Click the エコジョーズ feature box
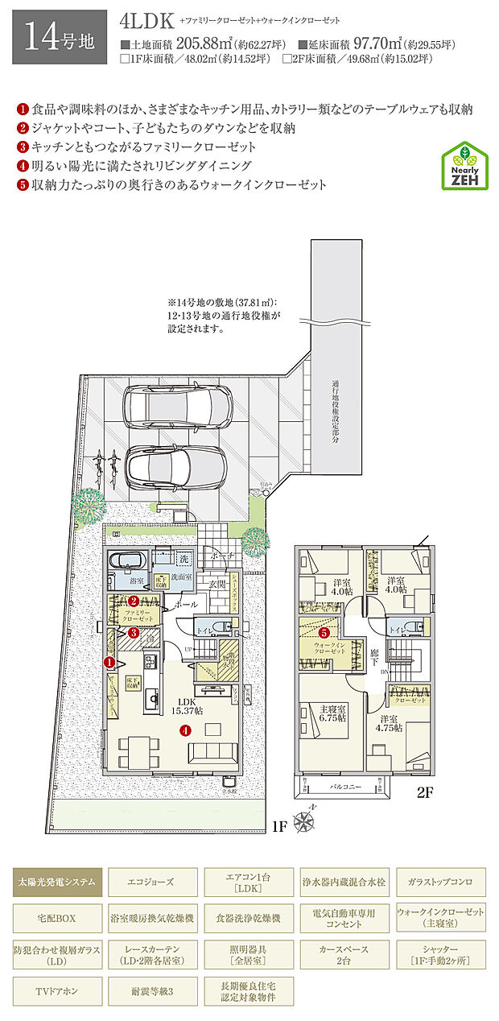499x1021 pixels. [x=152, y=882]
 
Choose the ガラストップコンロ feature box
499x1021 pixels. [x=440, y=882]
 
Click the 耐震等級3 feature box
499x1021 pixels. [x=152, y=991]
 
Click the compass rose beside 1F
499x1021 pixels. [x=305, y=823]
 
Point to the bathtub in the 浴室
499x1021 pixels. [x=125, y=561]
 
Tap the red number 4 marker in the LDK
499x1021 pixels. [x=185, y=731]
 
